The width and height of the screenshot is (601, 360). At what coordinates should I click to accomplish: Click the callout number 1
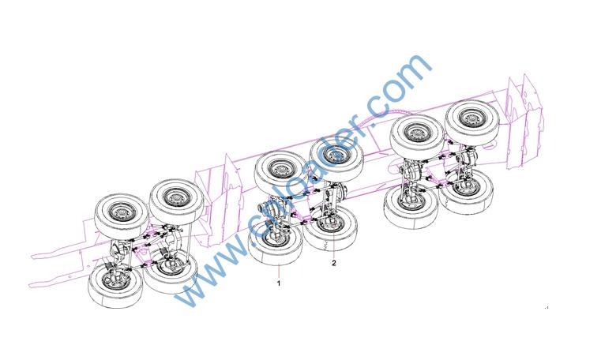click(x=279, y=283)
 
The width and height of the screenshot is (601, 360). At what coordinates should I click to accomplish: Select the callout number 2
click(x=334, y=263)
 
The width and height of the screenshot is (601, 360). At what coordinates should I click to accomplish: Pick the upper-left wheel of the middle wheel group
click(x=282, y=173)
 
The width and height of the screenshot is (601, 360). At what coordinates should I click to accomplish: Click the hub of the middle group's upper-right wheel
click(x=336, y=154)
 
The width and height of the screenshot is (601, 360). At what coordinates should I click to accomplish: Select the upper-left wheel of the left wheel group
click(x=122, y=216)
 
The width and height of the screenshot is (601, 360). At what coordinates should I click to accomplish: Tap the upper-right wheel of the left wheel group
click(x=177, y=202)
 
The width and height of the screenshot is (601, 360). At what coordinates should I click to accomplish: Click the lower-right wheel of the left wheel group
click(x=171, y=271)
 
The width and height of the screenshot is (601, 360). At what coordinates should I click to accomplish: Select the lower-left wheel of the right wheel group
click(x=411, y=207)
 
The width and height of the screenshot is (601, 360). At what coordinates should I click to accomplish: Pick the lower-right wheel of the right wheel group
click(x=466, y=192)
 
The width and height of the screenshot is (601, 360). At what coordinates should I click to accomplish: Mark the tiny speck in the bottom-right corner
click(x=547, y=307)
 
